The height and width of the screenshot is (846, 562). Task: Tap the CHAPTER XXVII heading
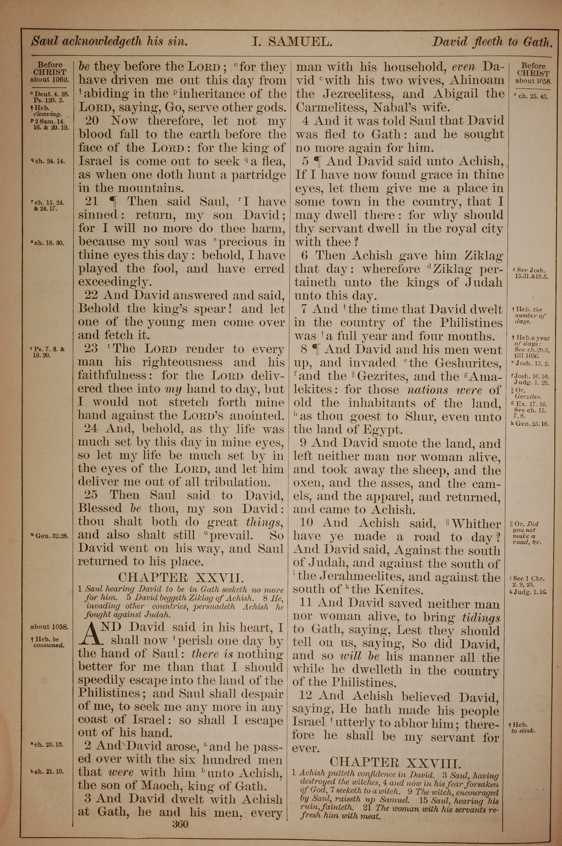coord(181,577)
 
